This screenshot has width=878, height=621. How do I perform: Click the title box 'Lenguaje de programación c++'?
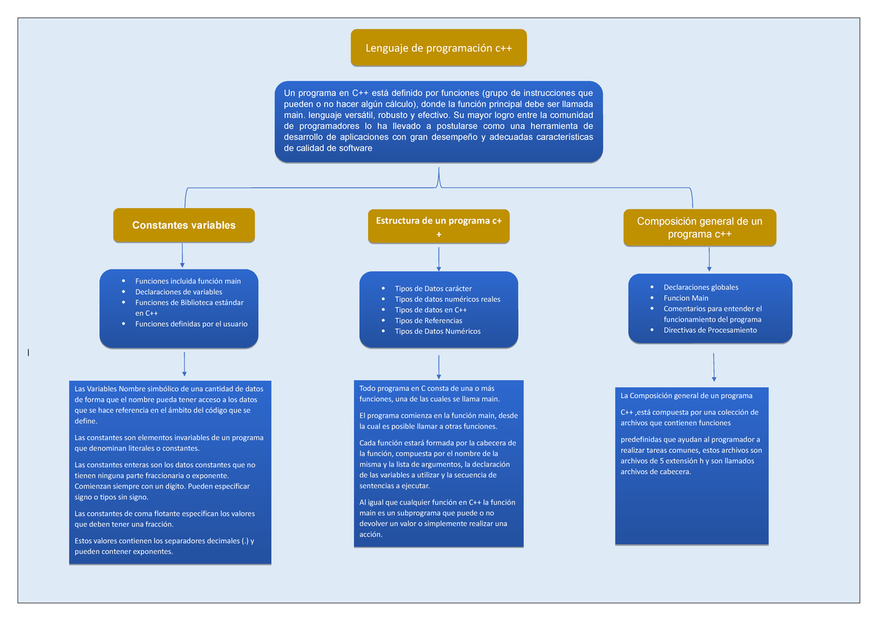point(438,48)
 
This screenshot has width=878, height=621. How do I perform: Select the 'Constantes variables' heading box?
point(184,225)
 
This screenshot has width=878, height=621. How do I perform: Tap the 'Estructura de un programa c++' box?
point(438,226)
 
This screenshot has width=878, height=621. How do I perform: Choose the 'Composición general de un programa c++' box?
point(699,227)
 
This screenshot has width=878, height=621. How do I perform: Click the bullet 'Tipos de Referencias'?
point(428,320)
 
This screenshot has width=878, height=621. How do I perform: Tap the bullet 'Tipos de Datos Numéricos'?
point(438,331)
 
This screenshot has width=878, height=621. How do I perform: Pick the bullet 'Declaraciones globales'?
point(700,287)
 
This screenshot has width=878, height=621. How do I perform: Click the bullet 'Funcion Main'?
point(686,298)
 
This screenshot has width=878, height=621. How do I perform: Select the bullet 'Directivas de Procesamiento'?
point(710,330)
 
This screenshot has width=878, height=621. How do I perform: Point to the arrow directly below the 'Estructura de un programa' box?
point(438,259)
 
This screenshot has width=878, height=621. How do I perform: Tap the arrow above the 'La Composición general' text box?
point(713,367)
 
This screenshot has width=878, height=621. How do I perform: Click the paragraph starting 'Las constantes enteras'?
point(165,480)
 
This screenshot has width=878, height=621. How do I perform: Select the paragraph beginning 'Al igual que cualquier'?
point(438,518)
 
